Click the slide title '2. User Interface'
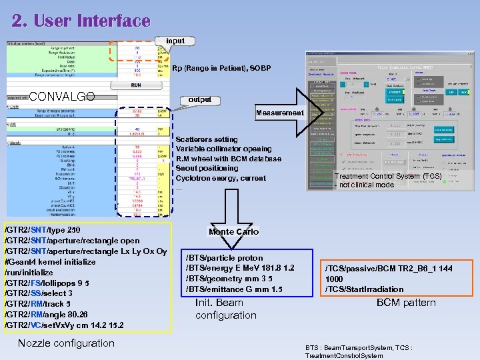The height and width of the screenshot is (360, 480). click(81, 21)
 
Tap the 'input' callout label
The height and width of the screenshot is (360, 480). click(175, 41)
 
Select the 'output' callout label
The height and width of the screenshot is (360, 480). click(199, 100)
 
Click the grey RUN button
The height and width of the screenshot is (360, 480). click(135, 85)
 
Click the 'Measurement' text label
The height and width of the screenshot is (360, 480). click(279, 113)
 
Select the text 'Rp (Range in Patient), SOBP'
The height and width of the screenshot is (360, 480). click(221, 69)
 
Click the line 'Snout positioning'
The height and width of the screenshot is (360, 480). click(209, 169)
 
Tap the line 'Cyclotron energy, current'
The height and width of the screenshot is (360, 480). click(220, 179)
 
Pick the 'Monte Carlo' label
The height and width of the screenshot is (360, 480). click(233, 232)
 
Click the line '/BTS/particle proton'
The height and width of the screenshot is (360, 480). click(224, 258)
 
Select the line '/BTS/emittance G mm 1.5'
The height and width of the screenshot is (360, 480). click(233, 289)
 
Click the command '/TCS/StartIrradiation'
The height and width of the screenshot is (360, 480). click(364, 289)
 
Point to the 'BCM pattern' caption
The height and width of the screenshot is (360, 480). click(406, 303)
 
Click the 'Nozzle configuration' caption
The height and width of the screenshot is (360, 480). click(66, 343)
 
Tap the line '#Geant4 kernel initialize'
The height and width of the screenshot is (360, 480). click(50, 262)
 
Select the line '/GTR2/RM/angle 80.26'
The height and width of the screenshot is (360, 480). click(45, 315)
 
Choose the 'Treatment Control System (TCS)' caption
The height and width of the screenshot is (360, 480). click(387, 177)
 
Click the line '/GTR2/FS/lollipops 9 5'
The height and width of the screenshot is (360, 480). click(47, 283)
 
